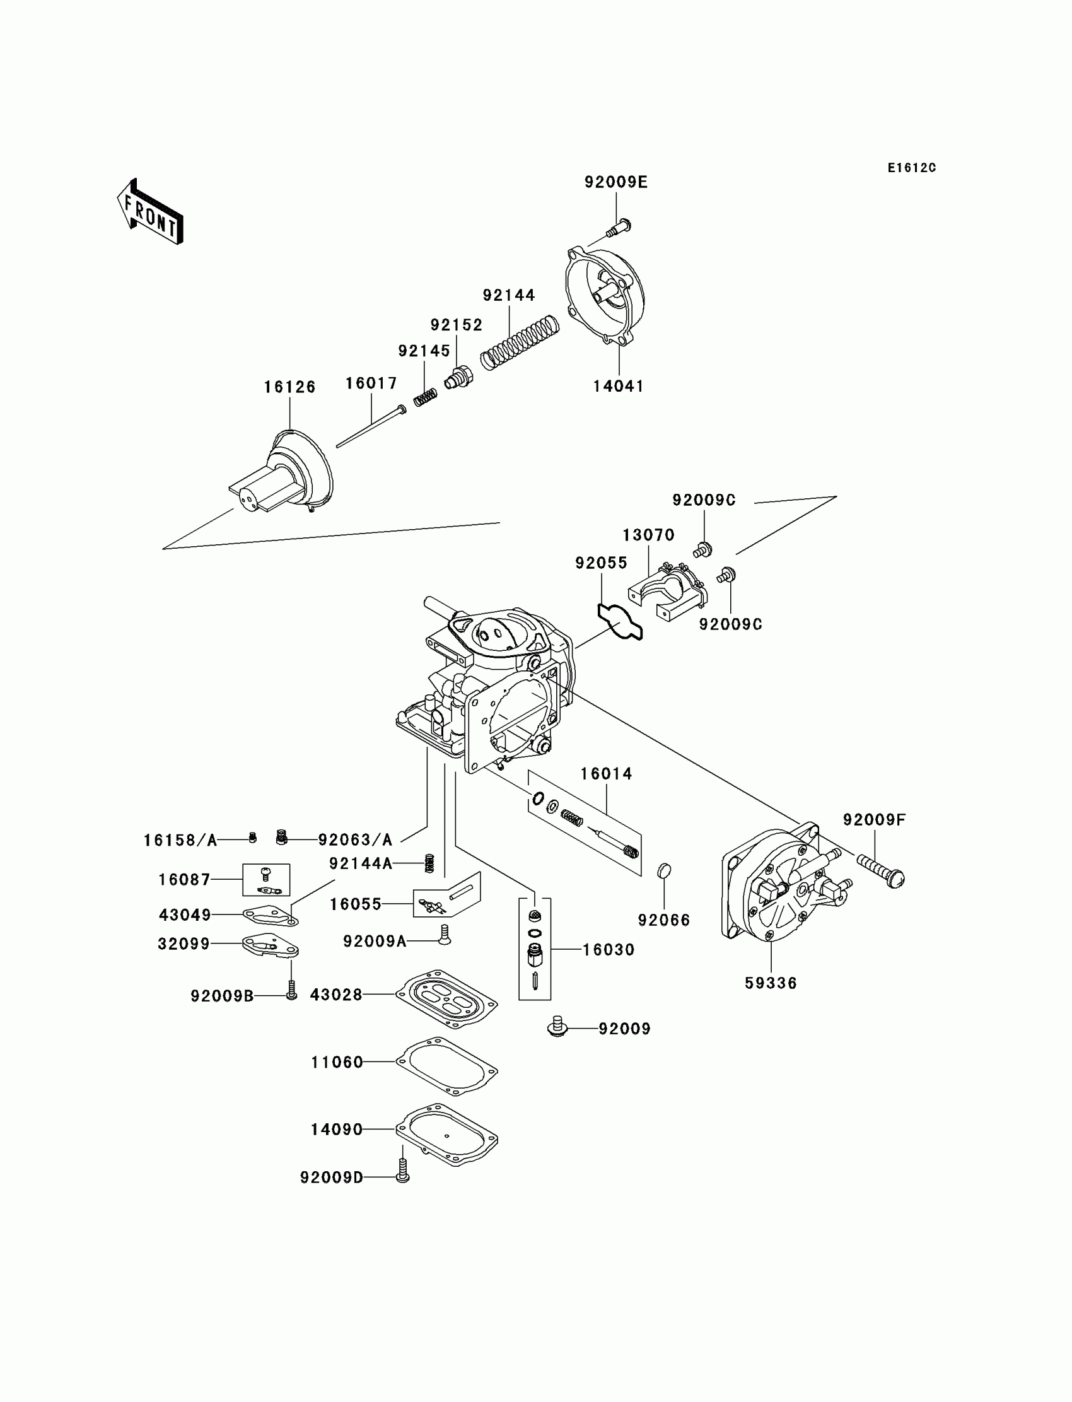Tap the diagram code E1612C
point(911,168)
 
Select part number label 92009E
point(615,182)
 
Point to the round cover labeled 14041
point(605,298)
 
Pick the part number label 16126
point(289,387)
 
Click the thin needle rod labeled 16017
point(371,427)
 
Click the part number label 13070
point(648,535)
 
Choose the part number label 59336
point(771,983)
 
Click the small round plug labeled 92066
point(664,870)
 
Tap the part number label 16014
point(606,774)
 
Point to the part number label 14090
point(336,1130)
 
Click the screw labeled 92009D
point(403,1171)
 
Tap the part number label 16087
point(184,880)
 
